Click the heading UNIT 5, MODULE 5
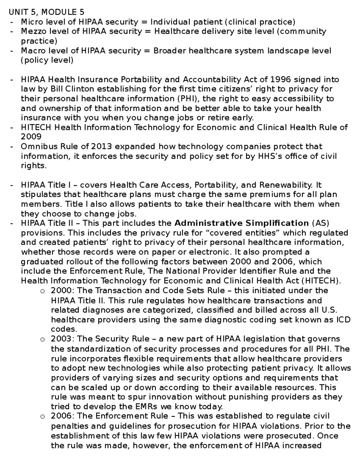point(46,12)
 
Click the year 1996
point(281,80)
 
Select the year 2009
point(31,137)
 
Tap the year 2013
point(101,146)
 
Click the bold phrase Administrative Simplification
point(241,223)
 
